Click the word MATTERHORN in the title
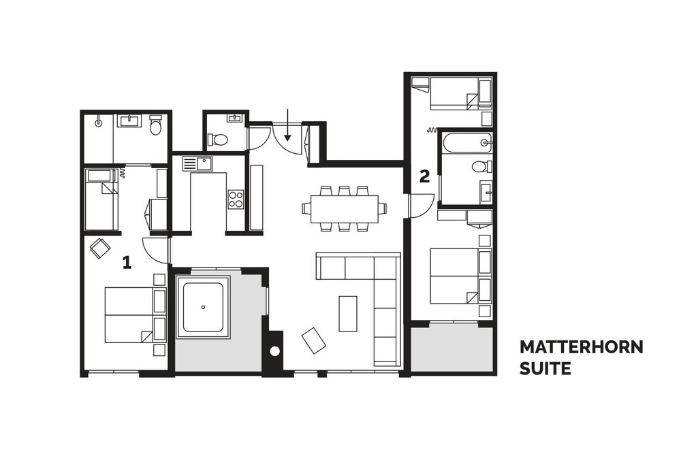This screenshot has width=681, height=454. click(x=581, y=347)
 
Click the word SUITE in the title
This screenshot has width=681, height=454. click(x=545, y=368)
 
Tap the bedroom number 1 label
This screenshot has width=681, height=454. click(x=127, y=262)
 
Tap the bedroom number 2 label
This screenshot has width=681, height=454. click(x=424, y=176)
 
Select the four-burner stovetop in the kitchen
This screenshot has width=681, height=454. click(x=236, y=199)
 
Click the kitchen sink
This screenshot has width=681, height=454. click(x=198, y=163)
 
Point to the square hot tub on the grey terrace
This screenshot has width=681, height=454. click(x=203, y=307)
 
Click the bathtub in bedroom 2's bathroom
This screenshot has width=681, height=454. click(x=467, y=142)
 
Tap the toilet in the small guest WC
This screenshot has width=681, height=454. click(x=219, y=140)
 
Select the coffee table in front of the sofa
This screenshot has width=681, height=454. click(x=348, y=314)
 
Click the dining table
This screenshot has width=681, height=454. click(x=345, y=209)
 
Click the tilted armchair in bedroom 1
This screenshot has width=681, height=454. click(x=100, y=248)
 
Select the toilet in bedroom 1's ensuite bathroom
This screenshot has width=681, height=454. click(x=155, y=125)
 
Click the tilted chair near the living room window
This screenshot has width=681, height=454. click(x=313, y=340)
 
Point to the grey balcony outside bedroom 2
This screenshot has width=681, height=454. click(x=452, y=346)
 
